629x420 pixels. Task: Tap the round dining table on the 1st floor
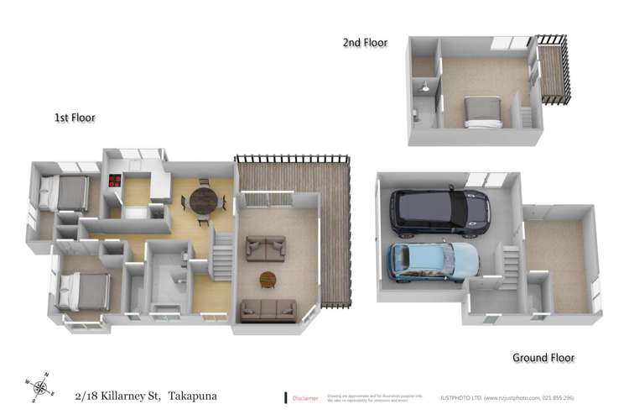(203, 201)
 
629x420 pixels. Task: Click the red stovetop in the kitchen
(114, 180)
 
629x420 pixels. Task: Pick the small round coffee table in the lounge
(268, 279)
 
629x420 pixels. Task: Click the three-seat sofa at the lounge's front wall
(268, 310)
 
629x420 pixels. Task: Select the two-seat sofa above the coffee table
(266, 248)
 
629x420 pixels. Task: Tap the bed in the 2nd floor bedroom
(483, 112)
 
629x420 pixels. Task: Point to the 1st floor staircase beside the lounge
(221, 255)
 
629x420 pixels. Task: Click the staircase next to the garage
(509, 266)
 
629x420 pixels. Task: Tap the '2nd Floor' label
(365, 42)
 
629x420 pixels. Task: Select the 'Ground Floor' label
(543, 357)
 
